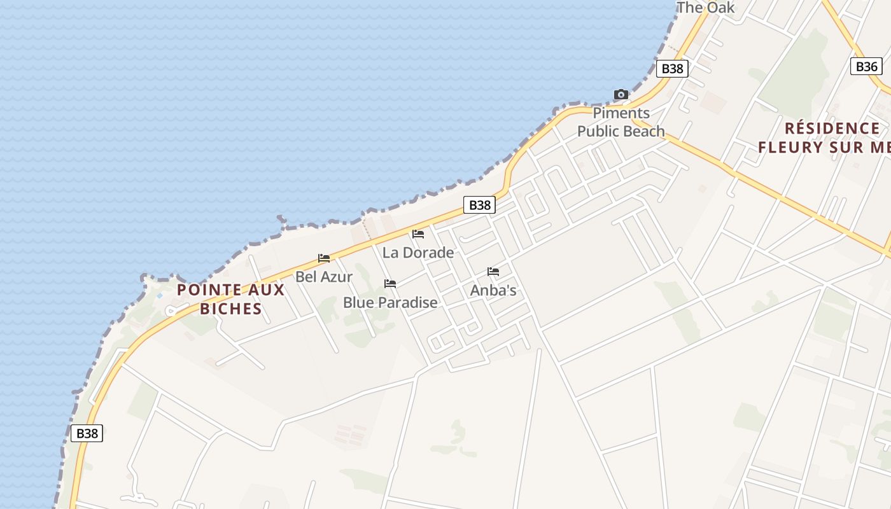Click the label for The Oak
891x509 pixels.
point(706,8)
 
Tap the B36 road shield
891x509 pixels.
point(866,66)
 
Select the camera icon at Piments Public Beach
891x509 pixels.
point(621,95)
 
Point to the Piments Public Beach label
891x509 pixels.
point(621,122)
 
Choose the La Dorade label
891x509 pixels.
point(418,253)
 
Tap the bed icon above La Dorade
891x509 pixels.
point(418,234)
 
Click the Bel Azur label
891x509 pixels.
point(324,277)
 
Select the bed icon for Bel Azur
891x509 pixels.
point(324,258)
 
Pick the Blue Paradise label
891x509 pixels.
point(390,302)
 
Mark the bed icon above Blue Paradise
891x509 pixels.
point(390,284)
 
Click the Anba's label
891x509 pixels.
point(493,290)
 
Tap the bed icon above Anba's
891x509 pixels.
point(493,272)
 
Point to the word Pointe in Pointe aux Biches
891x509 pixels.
point(204,290)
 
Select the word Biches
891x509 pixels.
point(231,309)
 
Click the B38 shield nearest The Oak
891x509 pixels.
point(672,69)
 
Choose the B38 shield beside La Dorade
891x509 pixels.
point(479,205)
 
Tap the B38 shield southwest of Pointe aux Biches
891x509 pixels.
point(87,433)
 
